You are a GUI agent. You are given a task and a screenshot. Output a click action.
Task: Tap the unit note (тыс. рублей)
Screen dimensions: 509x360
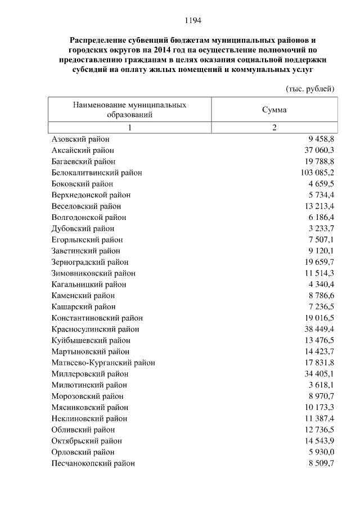[x=310, y=89]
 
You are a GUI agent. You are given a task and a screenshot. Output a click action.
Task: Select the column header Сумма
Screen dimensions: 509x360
[x=274, y=110]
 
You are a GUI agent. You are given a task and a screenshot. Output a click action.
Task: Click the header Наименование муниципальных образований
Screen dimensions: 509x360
[x=129, y=110]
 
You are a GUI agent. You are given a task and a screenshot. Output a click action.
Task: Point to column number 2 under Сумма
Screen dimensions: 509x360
[x=274, y=127]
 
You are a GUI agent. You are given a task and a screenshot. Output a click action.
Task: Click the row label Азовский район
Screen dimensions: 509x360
[x=80, y=139]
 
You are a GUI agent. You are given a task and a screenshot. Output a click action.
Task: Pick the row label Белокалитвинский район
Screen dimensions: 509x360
[x=96, y=173]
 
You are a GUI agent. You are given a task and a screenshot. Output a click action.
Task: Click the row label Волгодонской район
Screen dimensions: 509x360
[x=88, y=217]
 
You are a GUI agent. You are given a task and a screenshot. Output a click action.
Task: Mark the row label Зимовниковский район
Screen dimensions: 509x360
[x=93, y=273]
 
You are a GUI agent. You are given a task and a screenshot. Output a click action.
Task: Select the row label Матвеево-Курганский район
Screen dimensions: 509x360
[x=103, y=363]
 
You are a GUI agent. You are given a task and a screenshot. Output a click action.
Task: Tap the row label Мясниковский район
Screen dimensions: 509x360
[x=89, y=407]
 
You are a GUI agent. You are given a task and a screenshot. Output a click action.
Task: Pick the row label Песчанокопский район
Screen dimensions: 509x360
[x=93, y=463]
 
